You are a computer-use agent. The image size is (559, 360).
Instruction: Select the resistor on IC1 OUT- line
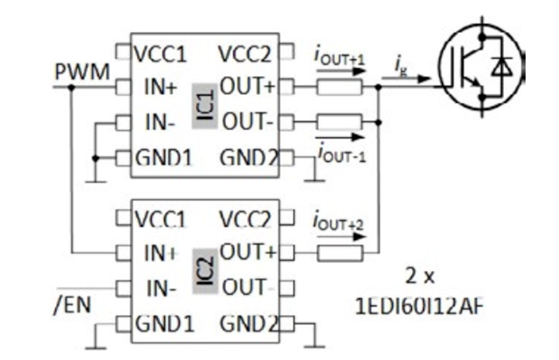pyautogui.click(x=338, y=122)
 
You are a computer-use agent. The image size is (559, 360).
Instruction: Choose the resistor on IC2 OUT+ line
pyautogui.click(x=338, y=252)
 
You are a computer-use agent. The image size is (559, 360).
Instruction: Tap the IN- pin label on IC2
pyautogui.click(x=160, y=288)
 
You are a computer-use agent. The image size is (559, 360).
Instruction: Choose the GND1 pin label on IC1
pyautogui.click(x=164, y=158)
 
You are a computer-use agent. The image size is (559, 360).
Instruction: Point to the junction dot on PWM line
pyautogui.click(x=71, y=87)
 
